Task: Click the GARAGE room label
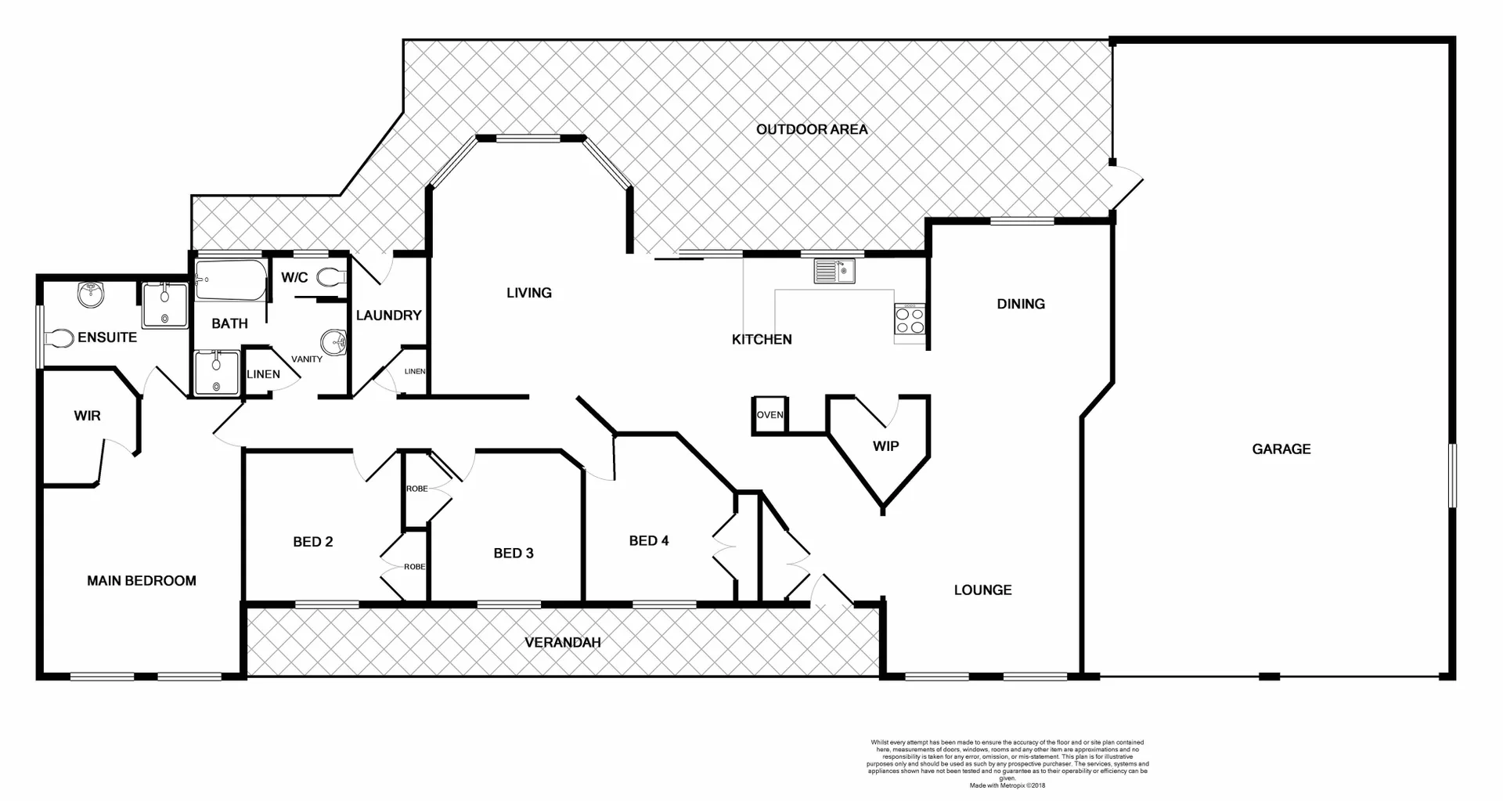pos(1281,449)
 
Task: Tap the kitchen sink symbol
pos(834,271)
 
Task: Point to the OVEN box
pos(770,415)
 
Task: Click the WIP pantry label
pos(885,446)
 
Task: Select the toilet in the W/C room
pos(333,276)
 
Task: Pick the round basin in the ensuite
pos(91,296)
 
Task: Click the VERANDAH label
pos(562,642)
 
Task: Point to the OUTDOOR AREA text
pos(812,129)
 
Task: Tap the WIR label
pos(87,416)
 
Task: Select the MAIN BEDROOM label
pos(141,580)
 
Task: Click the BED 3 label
pos(513,553)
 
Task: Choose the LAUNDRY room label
pos(388,315)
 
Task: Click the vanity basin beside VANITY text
pos(333,342)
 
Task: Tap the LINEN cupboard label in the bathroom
pos(263,374)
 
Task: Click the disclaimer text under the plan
pos(1007,763)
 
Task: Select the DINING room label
pos(1020,304)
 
